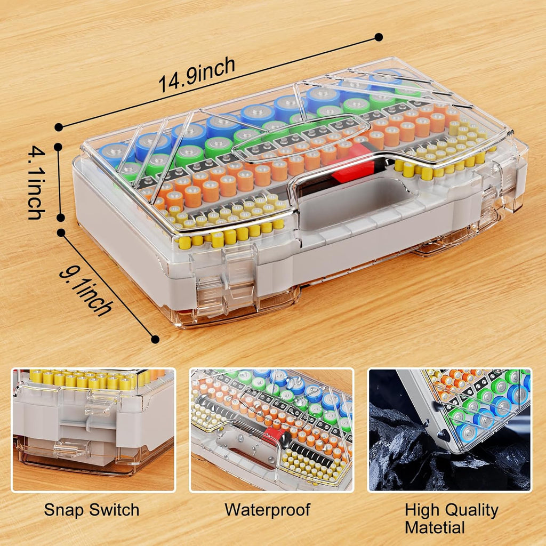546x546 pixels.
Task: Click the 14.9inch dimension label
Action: click(x=197, y=75)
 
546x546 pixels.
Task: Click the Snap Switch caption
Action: click(x=91, y=510)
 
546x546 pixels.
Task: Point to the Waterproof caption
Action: click(x=267, y=509)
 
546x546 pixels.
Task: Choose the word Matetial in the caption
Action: click(x=435, y=527)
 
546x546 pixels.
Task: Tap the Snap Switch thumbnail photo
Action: click(x=93, y=429)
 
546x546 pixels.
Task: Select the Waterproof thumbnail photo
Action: click(x=271, y=429)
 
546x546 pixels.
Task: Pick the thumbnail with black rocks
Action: click(x=449, y=429)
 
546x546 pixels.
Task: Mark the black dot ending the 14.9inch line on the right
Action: click(x=379, y=37)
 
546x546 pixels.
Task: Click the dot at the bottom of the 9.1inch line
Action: click(x=155, y=339)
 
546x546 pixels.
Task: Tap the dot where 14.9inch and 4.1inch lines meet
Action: click(x=59, y=127)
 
